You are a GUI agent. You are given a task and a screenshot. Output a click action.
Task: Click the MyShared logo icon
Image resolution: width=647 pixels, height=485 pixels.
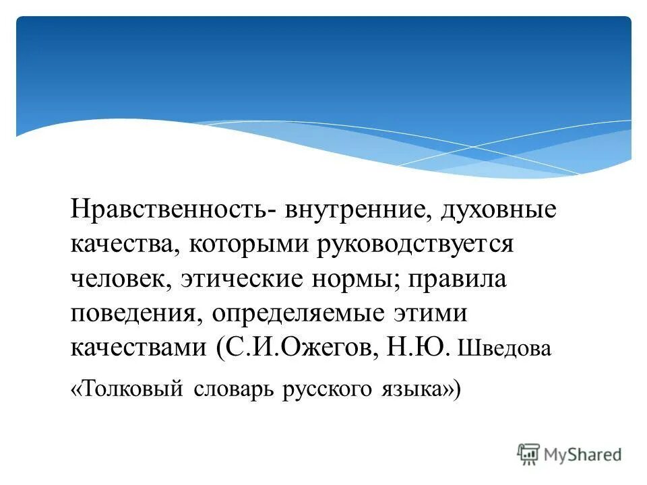(529, 454)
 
